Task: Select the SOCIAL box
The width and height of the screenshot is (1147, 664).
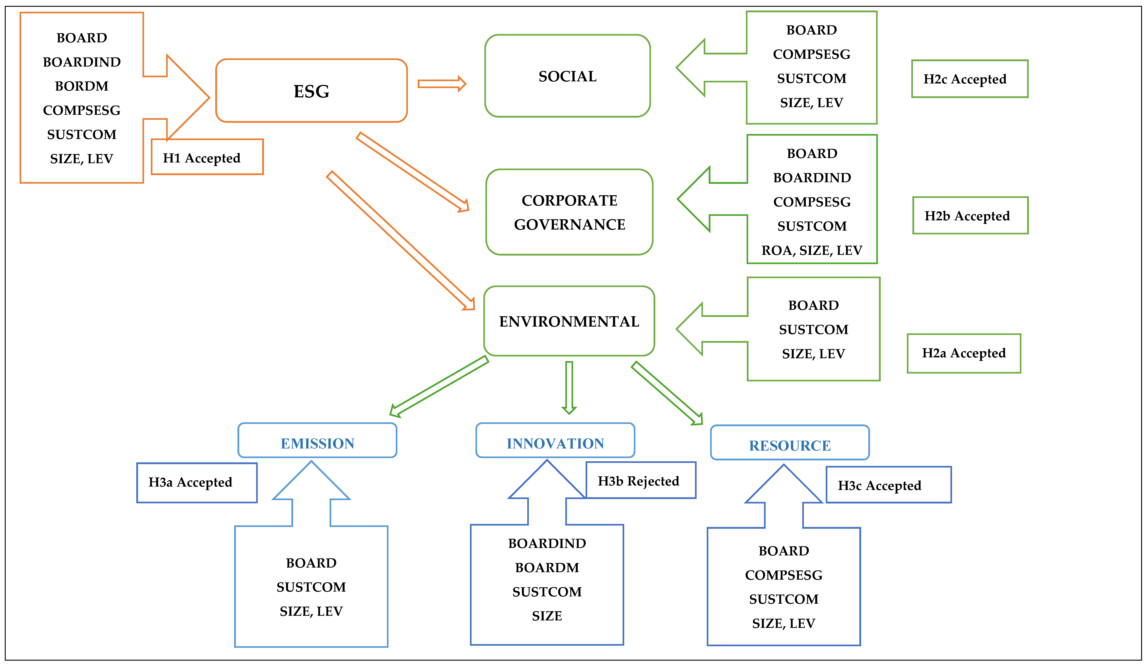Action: [567, 76]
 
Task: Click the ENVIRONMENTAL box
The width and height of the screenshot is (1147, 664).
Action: [569, 321]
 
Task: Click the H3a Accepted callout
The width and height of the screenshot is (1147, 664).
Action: [197, 482]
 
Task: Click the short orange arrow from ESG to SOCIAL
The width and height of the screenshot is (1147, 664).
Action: [442, 84]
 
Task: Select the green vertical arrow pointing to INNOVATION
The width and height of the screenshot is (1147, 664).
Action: [569, 387]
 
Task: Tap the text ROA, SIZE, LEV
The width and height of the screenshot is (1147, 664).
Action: [812, 250]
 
